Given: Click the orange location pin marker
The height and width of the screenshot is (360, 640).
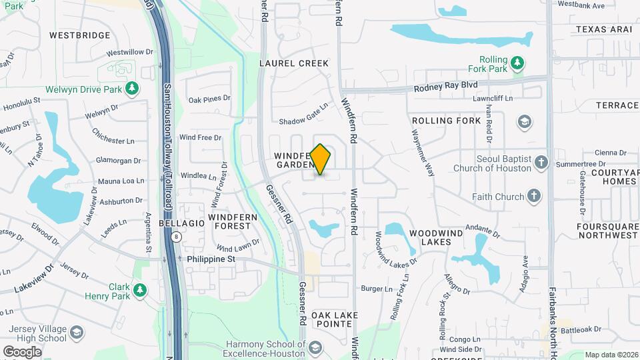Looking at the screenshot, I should point(321,159).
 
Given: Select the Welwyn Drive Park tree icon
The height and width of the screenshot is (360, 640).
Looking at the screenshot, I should point(132,89).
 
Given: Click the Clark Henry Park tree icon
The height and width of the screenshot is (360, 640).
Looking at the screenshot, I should point(139,290).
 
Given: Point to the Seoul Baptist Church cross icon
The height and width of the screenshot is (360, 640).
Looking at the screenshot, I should point(541,163).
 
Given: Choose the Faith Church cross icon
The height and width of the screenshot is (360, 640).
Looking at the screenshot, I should point(533,196).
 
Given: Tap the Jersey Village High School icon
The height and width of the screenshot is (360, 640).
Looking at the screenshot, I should point(77,332).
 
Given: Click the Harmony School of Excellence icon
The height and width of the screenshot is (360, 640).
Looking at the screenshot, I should point(315,348).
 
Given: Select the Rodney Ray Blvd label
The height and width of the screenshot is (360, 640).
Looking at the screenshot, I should point(446,85).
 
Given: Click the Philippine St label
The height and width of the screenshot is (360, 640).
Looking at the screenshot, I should point(211,259).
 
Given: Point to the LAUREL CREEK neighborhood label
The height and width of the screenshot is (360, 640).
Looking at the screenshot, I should point(294,63).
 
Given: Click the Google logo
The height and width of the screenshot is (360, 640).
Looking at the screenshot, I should point(22,351).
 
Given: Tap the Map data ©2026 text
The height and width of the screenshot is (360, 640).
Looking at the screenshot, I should point(610,355).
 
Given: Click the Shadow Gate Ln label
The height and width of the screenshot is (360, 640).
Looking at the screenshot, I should point(304,114).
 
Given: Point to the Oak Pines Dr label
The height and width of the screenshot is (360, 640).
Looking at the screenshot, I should point(209,99).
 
